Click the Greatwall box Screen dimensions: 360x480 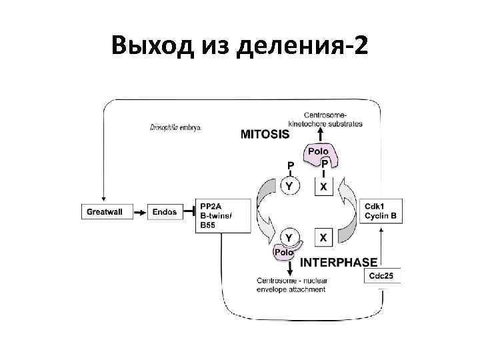click(105, 211)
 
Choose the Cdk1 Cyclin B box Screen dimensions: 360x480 click(381, 211)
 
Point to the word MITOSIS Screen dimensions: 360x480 click(265, 133)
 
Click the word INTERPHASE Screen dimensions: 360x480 click(339, 262)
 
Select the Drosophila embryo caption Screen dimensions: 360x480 click(175, 127)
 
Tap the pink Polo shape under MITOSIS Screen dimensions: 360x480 click(323, 156)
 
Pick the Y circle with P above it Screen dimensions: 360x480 click(289, 186)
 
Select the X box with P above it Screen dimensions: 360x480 click(324, 187)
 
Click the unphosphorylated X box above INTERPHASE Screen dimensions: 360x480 click(323, 237)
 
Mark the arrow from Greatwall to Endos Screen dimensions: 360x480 click(139, 212)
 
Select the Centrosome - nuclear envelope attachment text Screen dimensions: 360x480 click(291, 285)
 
